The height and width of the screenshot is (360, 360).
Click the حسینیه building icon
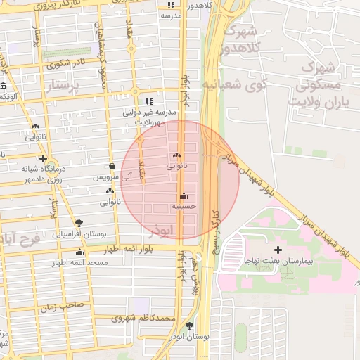pyautogui.click(x=184, y=195)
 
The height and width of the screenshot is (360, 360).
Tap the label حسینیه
pyautogui.click(x=184, y=207)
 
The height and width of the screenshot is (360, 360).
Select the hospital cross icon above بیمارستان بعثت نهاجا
pyautogui.click(x=278, y=250)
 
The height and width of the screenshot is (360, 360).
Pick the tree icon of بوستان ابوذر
pyautogui.click(x=190, y=326)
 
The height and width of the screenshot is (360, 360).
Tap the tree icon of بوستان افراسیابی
pyautogui.click(x=79, y=222)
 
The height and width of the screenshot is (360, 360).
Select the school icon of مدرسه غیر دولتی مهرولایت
pyautogui.click(x=149, y=101)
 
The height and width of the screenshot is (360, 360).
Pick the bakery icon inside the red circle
pyautogui.click(x=176, y=155)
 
